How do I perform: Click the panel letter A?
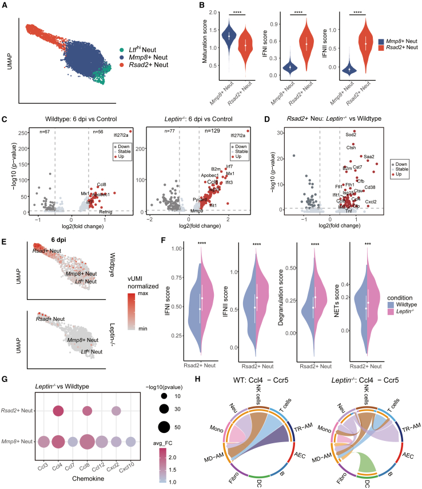(6, 5)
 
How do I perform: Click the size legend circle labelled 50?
(162, 426)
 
